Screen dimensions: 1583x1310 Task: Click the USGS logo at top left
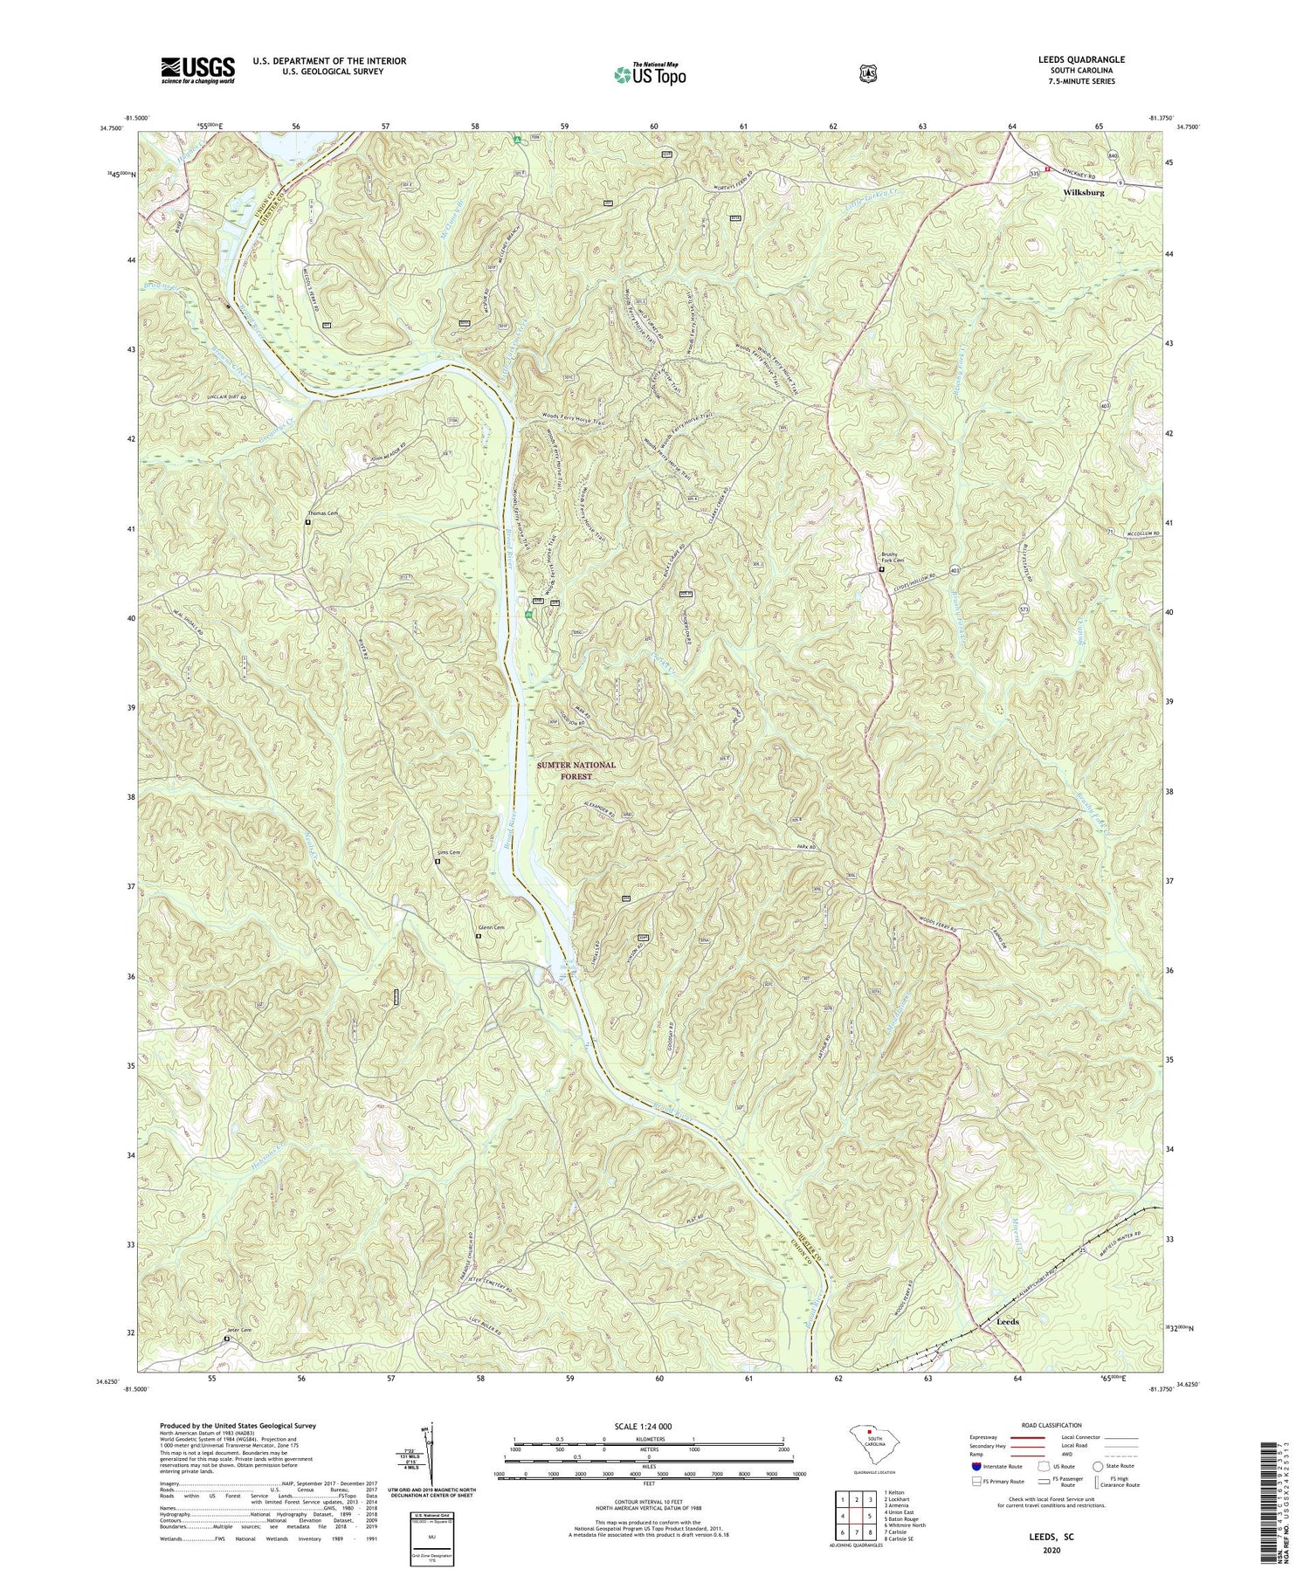tap(197, 70)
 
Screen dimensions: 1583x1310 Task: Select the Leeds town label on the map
tap(1007, 1322)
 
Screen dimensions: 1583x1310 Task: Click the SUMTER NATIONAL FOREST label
tap(576, 770)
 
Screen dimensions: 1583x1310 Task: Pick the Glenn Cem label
tap(491, 928)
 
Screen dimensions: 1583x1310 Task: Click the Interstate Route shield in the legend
tap(976, 1467)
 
